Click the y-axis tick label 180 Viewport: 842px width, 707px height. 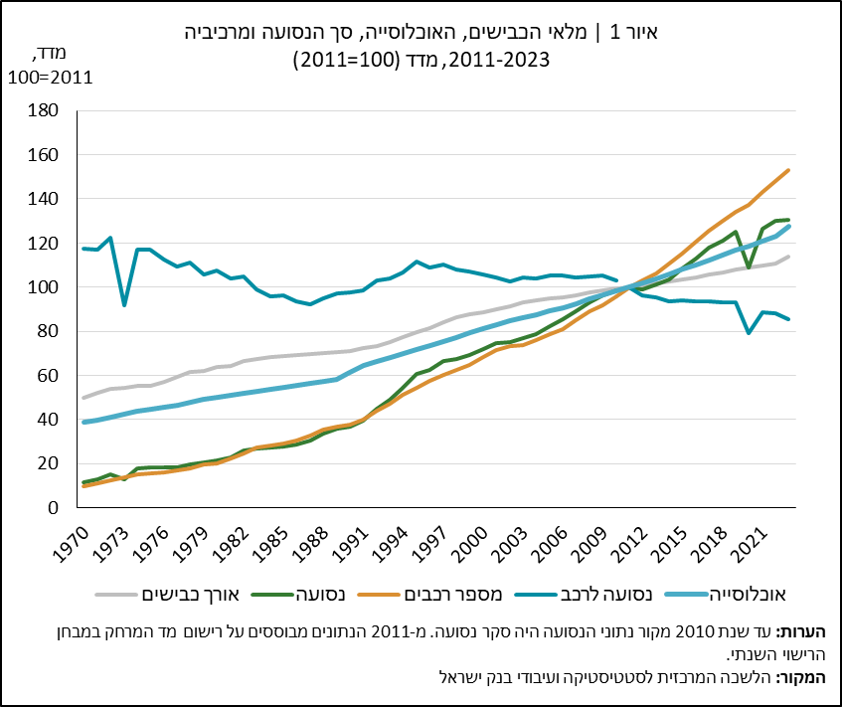tap(43, 110)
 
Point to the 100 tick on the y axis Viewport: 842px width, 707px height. tap(43, 287)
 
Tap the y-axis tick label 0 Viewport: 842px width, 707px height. tap(53, 508)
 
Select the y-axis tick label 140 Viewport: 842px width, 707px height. tap(43, 199)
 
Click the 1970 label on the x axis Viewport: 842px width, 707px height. tap(72, 544)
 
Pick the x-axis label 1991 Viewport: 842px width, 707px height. tap(351, 544)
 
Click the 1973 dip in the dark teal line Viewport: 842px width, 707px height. tap(124, 305)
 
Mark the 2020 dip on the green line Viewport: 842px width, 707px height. tap(749, 267)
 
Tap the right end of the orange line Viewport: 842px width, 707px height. tap(788, 170)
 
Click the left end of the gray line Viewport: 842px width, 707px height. tap(84, 398)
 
